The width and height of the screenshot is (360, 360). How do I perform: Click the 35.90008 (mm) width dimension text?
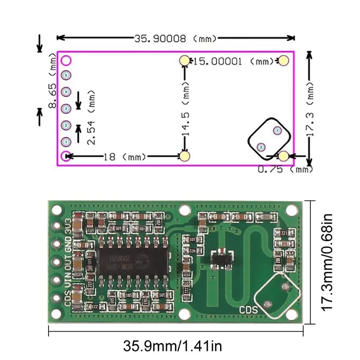click(x=175, y=39)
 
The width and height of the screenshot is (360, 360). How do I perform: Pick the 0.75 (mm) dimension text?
click(x=285, y=169)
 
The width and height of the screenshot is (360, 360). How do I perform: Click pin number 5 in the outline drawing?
click(x=66, y=75)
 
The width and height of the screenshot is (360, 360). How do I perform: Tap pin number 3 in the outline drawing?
click(x=66, y=108)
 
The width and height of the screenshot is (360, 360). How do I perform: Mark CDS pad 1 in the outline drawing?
click(x=277, y=130)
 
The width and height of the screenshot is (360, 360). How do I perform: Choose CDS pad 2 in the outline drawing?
click(x=260, y=147)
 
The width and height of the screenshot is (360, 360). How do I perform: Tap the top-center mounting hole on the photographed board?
click(x=184, y=210)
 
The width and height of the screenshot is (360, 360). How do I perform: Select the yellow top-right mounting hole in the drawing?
click(x=283, y=61)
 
